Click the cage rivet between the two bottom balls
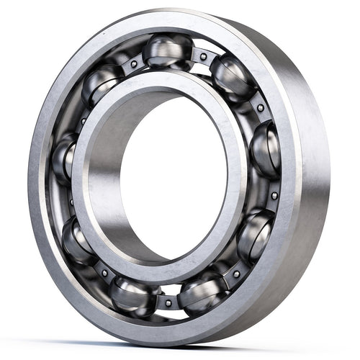click(167, 302)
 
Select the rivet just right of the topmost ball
click(204, 56)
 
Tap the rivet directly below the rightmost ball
click(274, 195)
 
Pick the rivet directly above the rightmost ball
click(260, 108)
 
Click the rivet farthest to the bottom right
click(236, 274)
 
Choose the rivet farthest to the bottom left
click(104, 273)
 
